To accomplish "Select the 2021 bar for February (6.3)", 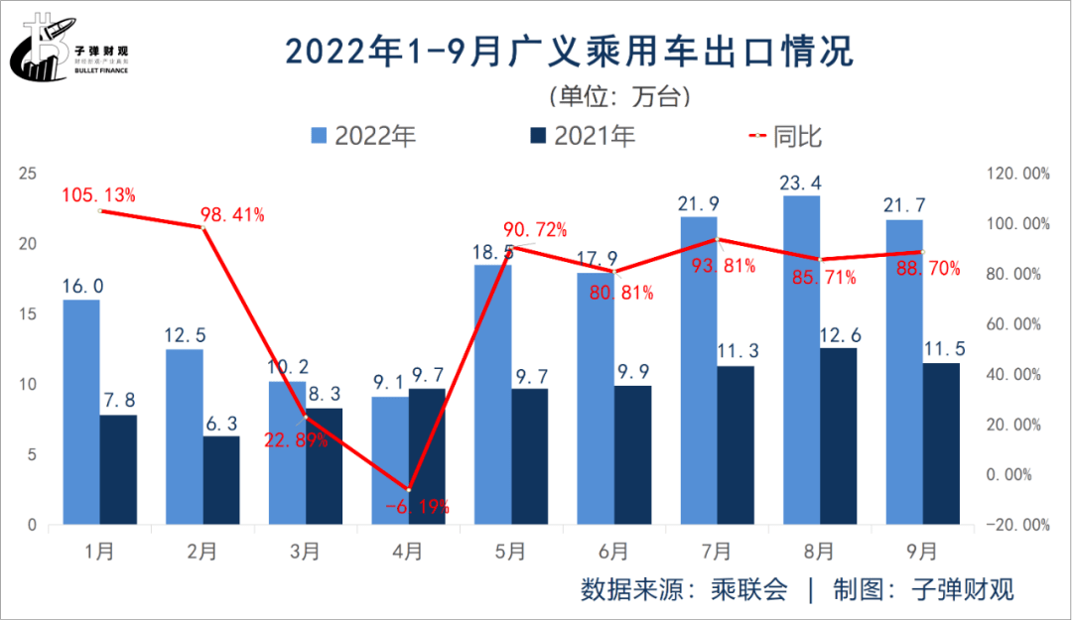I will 221,480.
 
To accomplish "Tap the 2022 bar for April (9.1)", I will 390,460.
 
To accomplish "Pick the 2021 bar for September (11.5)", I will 941,443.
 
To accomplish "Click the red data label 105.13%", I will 98,195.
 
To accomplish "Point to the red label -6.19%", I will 416,506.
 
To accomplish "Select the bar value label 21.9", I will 699,204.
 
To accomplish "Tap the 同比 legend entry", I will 785,137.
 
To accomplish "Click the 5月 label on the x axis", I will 510,551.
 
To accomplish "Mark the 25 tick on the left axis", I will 28,174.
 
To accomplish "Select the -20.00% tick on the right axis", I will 1015,525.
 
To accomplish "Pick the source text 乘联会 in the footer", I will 749,589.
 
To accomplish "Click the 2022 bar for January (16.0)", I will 81,412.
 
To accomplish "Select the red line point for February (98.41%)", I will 202,228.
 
